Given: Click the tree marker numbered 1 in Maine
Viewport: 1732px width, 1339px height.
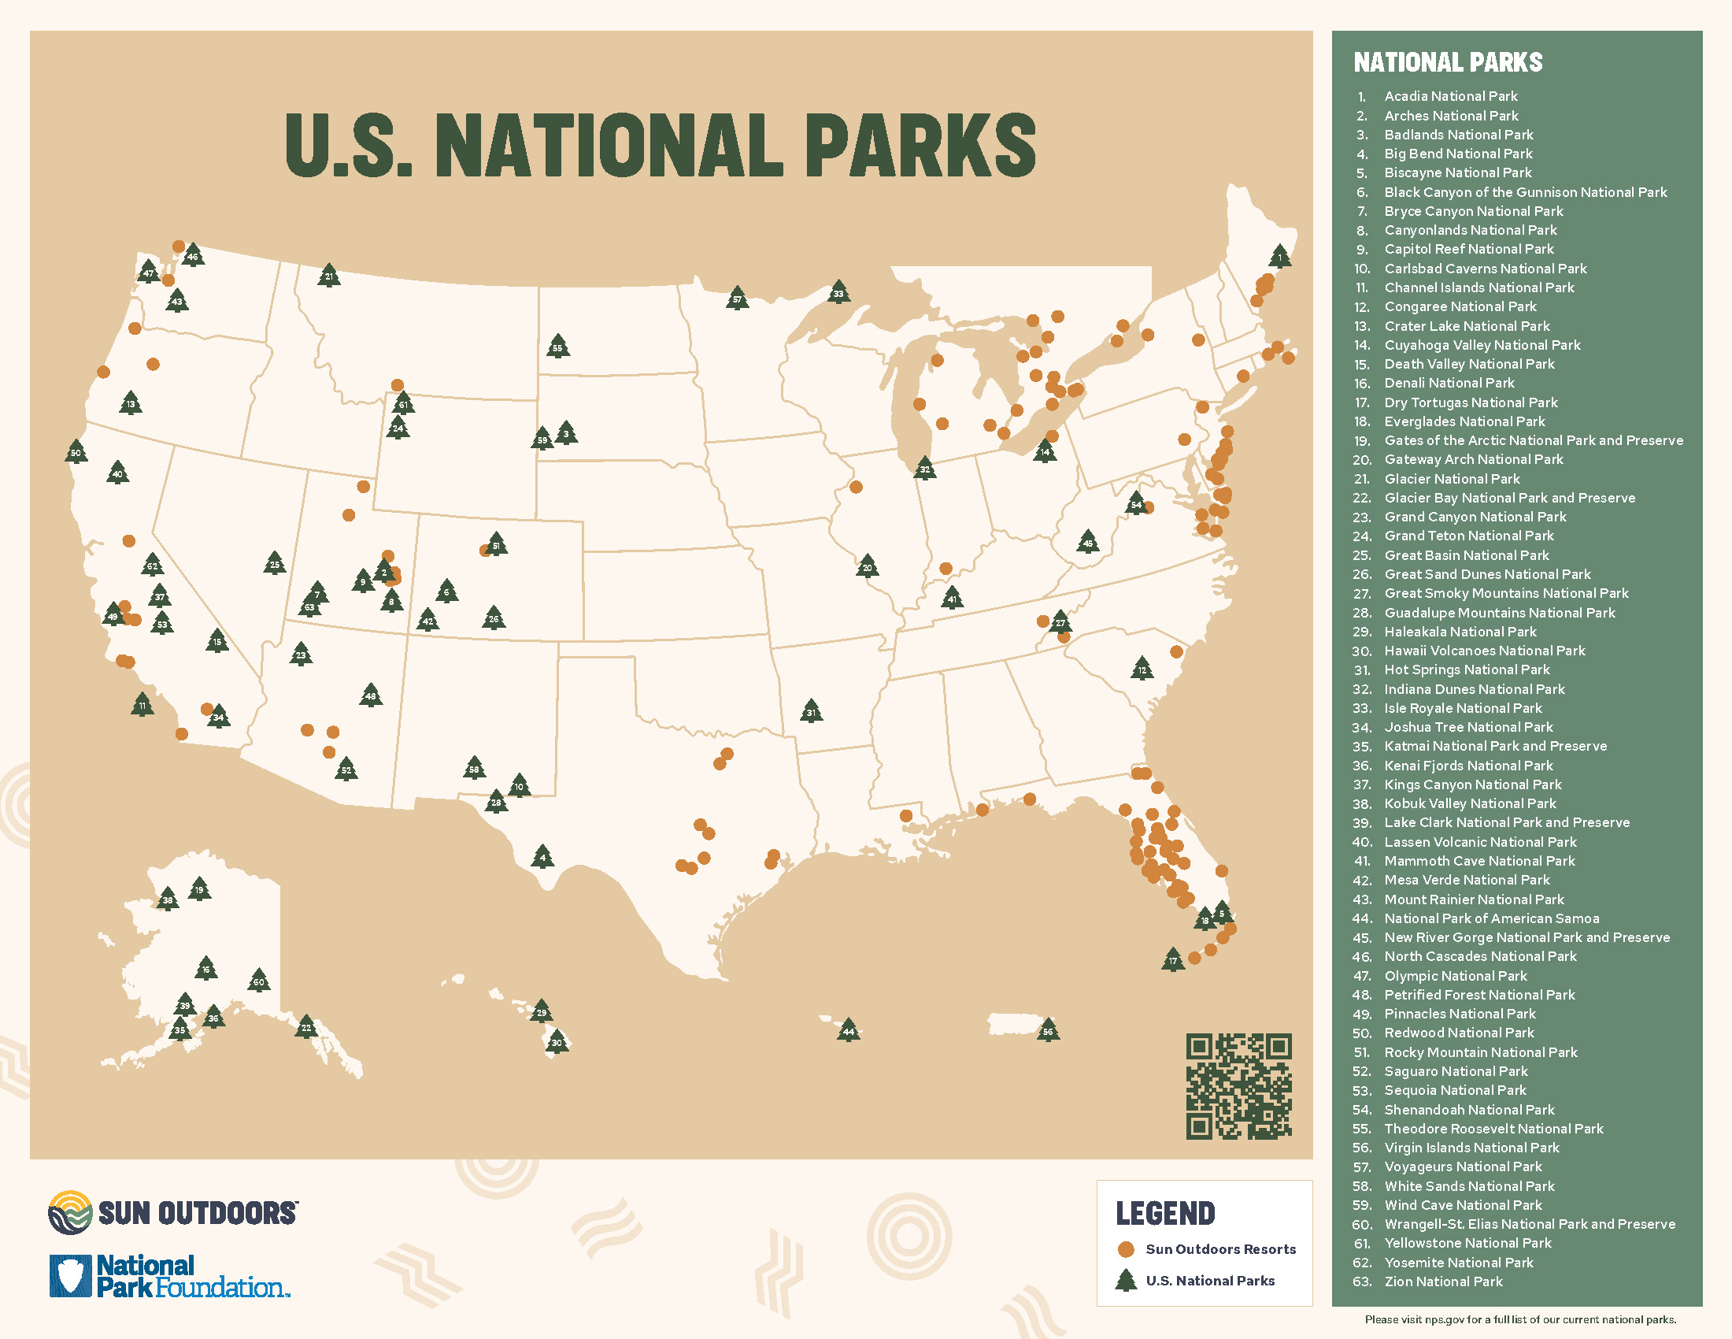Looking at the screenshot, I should click(1279, 255).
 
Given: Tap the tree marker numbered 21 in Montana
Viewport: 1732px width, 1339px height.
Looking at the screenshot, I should click(329, 275).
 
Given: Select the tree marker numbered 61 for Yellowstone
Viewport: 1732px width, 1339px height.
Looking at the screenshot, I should click(403, 403).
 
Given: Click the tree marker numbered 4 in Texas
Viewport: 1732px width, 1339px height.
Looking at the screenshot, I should click(542, 857).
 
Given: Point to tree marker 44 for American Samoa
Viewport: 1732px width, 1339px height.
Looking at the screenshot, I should click(849, 1030).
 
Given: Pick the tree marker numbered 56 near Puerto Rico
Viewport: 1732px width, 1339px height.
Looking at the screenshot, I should click(1048, 1030).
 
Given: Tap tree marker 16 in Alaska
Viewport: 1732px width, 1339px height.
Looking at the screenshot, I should click(206, 968).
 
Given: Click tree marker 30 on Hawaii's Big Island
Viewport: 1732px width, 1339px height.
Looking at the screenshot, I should click(557, 1041).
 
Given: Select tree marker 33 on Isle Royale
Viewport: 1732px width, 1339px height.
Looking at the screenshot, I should click(838, 293).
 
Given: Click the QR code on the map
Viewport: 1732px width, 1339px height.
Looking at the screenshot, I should click(1238, 1086).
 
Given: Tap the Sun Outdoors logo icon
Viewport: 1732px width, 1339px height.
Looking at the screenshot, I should click(70, 1212).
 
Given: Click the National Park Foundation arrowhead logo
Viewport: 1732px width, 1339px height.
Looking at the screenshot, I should click(71, 1275).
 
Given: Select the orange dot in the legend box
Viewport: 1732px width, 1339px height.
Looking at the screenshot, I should click(1125, 1249).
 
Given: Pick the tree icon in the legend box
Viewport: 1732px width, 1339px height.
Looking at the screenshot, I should click(1125, 1280).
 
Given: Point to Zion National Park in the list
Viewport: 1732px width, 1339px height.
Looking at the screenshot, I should click(1442, 1281).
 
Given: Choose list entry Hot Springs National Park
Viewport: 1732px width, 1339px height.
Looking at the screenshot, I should click(1467, 669).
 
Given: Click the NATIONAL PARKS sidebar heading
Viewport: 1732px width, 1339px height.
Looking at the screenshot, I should click(1447, 63).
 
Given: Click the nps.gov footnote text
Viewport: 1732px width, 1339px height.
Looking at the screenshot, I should click(1519, 1320).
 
